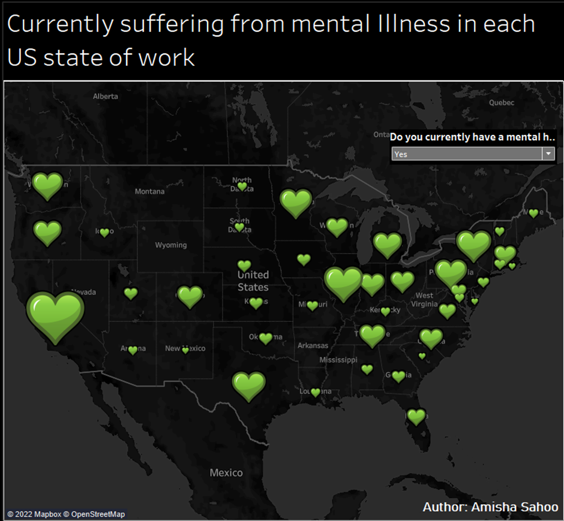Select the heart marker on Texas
click(x=248, y=386)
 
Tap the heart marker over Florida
click(x=416, y=416)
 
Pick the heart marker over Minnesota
click(x=296, y=203)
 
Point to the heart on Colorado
click(x=190, y=296)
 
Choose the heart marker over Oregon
click(x=47, y=233)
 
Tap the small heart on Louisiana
click(x=316, y=393)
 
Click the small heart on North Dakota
click(x=242, y=186)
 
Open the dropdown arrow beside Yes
click(x=548, y=154)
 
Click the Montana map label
click(x=149, y=192)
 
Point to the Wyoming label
click(x=171, y=245)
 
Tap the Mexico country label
click(x=226, y=472)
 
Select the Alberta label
click(x=106, y=97)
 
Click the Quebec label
click(x=502, y=103)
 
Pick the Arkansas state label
click(x=313, y=345)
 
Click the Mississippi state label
click(x=338, y=360)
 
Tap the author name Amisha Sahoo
click(x=515, y=507)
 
